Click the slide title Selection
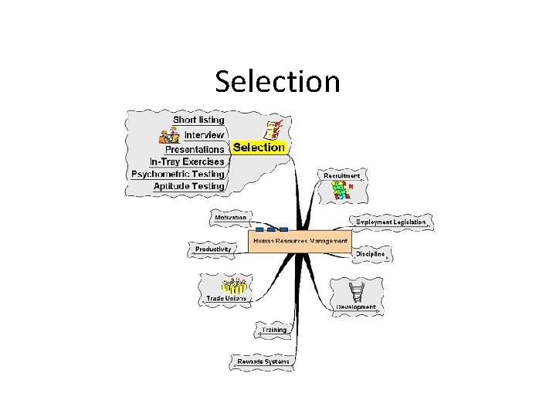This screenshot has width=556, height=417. point(277,81)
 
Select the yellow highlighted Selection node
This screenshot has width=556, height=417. point(259,147)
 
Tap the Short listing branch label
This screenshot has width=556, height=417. point(198,120)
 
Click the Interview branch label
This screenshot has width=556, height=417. point(204,134)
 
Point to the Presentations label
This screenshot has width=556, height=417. point(195,148)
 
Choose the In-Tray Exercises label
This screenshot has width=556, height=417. point(187,161)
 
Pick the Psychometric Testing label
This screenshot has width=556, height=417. point(178,174)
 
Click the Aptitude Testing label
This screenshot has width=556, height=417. point(188,186)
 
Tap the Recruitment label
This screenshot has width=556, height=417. point(341,176)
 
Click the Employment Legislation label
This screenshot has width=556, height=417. point(391,222)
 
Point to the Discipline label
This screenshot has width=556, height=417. point(370,253)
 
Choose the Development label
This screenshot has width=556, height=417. point(356,307)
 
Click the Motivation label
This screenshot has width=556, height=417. point(230,217)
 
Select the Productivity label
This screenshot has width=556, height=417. point(213,249)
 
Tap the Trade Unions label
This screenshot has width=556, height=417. point(226,298)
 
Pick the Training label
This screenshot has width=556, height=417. point(273,330)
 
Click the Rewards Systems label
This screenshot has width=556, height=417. point(263,361)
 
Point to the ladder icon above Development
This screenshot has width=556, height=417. point(358,291)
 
